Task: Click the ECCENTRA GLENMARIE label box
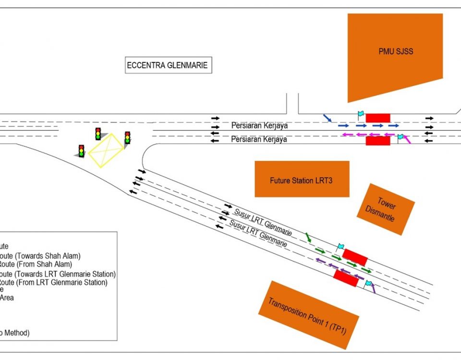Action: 168,65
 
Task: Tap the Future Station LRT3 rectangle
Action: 302,179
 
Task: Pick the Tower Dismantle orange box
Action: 386,209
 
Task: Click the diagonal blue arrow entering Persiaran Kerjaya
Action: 327,118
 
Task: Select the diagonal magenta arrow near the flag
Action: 407,139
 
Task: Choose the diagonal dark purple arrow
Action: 373,288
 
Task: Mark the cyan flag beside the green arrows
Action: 340,247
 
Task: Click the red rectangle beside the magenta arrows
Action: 378,141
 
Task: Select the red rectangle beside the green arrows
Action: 355,256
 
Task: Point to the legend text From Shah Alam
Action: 43,264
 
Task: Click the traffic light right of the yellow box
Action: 127,138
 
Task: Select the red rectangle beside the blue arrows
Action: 378,118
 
